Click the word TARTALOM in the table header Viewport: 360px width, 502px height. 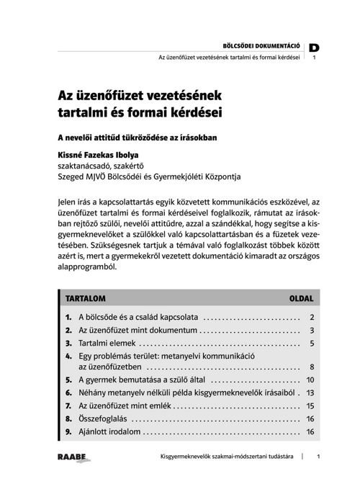pyautogui.click(x=86, y=297)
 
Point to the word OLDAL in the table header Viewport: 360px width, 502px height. pyautogui.click(x=301, y=297)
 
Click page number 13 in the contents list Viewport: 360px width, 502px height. pyautogui.click(x=310, y=393)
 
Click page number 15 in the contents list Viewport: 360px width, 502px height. pyautogui.click(x=310, y=406)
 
